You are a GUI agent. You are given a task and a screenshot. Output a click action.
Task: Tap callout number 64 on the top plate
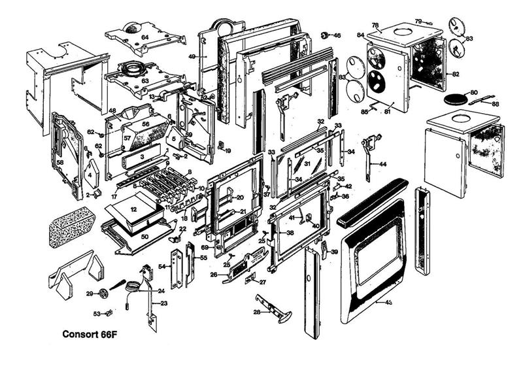(144, 37)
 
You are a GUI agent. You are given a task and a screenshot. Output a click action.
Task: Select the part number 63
(145, 81)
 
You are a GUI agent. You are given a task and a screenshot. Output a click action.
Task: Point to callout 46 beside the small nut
(337, 35)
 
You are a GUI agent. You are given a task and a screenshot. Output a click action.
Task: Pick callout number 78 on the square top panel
(375, 25)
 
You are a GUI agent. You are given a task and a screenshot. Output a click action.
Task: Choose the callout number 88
(496, 104)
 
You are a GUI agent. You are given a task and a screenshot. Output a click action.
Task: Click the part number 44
(382, 163)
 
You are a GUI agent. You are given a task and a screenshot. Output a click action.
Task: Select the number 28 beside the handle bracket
(256, 313)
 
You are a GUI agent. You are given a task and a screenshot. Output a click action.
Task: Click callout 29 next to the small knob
(90, 294)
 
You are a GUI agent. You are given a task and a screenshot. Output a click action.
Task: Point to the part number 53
(97, 314)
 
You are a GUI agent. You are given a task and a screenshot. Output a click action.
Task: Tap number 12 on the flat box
(133, 209)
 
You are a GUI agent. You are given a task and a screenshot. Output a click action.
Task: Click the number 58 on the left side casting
(59, 161)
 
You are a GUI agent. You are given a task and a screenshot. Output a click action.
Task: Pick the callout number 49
(192, 57)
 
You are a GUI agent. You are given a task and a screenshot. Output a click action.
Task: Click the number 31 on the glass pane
(307, 162)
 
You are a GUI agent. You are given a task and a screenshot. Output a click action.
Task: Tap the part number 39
(334, 252)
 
